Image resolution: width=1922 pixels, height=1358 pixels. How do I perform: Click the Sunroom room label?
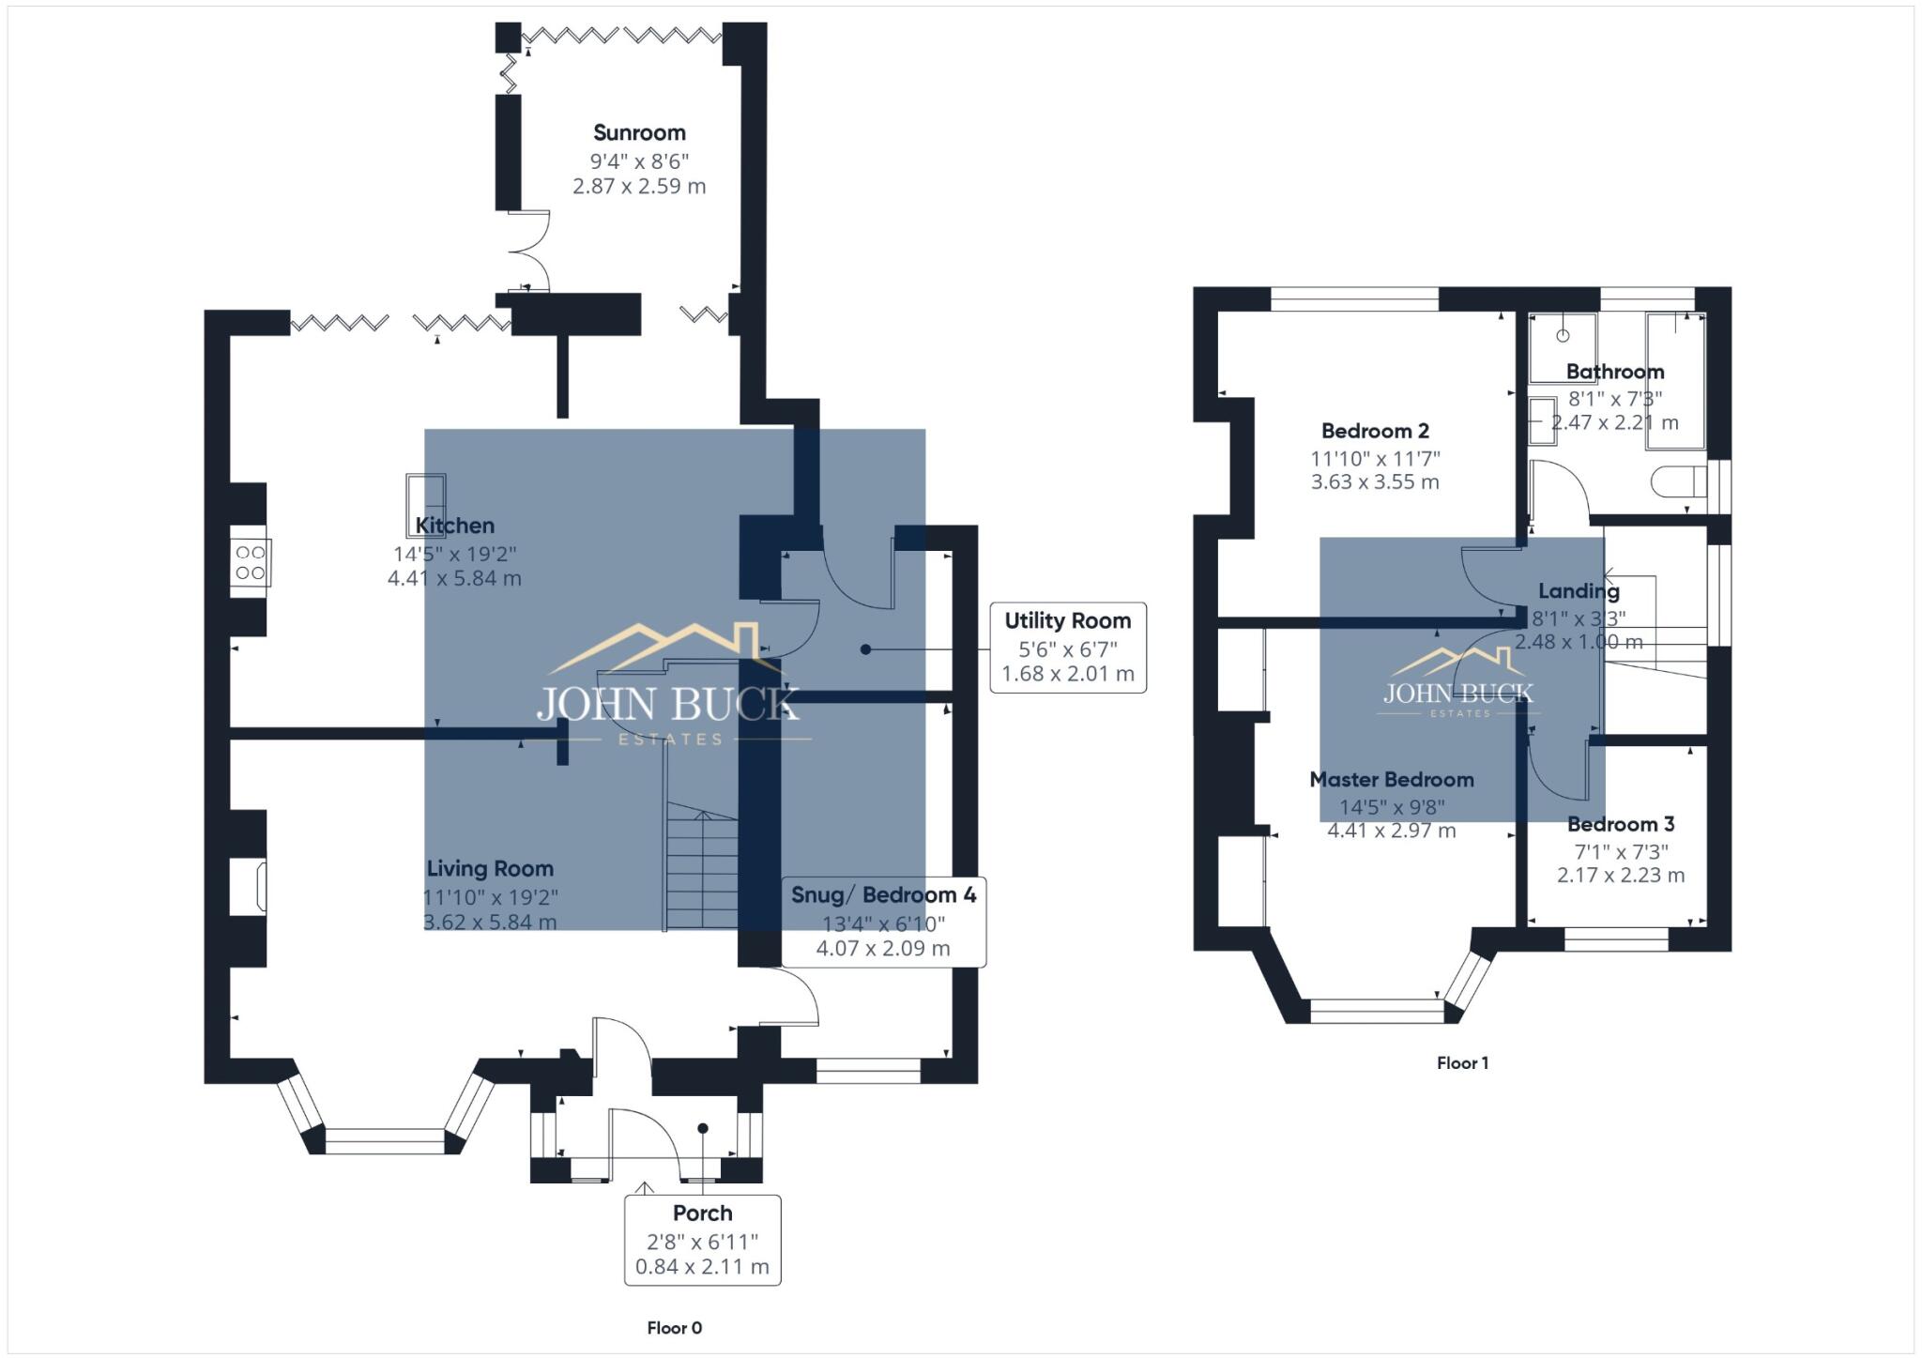click(x=639, y=132)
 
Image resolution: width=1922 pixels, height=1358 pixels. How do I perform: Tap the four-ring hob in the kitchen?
click(x=251, y=563)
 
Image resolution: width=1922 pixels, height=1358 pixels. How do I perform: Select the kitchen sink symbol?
click(x=425, y=504)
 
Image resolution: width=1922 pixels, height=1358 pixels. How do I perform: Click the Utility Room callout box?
click(x=1068, y=648)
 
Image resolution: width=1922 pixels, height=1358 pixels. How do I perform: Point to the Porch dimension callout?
click(x=702, y=1240)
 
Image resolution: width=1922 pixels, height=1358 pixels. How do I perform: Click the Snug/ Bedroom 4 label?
click(x=883, y=894)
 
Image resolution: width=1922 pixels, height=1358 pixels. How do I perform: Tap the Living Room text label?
click(x=490, y=868)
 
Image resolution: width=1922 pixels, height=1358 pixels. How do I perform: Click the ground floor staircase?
click(x=702, y=868)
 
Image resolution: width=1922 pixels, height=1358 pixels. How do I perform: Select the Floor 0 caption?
click(x=674, y=1327)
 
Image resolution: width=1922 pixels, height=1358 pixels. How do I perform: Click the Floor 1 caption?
click(x=1462, y=1062)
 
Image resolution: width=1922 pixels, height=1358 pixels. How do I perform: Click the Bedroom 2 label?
click(x=1375, y=431)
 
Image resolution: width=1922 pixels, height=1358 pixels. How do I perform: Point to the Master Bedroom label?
click(x=1391, y=779)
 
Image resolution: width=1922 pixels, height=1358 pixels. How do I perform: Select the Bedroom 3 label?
click(x=1621, y=824)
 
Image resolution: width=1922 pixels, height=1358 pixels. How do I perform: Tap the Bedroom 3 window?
click(x=1616, y=938)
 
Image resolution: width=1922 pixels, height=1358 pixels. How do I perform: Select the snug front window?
click(x=868, y=1071)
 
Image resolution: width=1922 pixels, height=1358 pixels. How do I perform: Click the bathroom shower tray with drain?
click(x=1563, y=347)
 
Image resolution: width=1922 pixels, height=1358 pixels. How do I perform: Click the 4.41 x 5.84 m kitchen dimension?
click(x=454, y=578)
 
